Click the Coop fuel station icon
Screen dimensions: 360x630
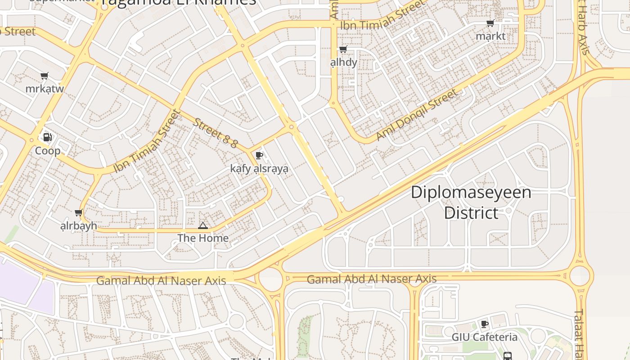pyautogui.click(x=47, y=137)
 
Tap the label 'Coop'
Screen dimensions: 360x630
pyautogui.click(x=48, y=151)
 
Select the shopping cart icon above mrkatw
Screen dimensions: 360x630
pyautogui.click(x=44, y=76)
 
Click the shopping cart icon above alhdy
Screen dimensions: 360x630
pyautogui.click(x=343, y=49)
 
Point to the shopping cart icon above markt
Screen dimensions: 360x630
pyautogui.click(x=490, y=23)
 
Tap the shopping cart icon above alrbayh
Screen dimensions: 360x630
pyautogui.click(x=78, y=212)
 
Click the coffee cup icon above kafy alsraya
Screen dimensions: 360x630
pyautogui.click(x=259, y=156)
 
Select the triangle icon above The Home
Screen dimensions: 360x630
pyautogui.click(x=203, y=225)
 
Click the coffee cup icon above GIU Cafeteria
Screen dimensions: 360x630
pyautogui.click(x=485, y=324)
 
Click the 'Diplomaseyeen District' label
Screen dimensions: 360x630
pyautogui.click(x=471, y=202)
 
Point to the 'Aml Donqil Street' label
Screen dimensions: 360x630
pyautogui.click(x=417, y=114)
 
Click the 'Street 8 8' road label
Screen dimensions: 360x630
pyautogui.click(x=216, y=133)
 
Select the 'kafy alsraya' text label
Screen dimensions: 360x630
pyautogui.click(x=259, y=169)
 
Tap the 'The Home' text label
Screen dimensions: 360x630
pyautogui.click(x=203, y=238)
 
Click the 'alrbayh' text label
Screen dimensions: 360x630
pyautogui.click(x=79, y=225)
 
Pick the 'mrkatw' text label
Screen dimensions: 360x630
pyautogui.click(x=45, y=89)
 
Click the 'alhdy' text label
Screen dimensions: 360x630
pyautogui.click(x=344, y=62)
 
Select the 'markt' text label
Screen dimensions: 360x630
pyautogui.click(x=490, y=36)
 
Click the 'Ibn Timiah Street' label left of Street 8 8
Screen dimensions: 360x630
pyautogui.click(x=147, y=142)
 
